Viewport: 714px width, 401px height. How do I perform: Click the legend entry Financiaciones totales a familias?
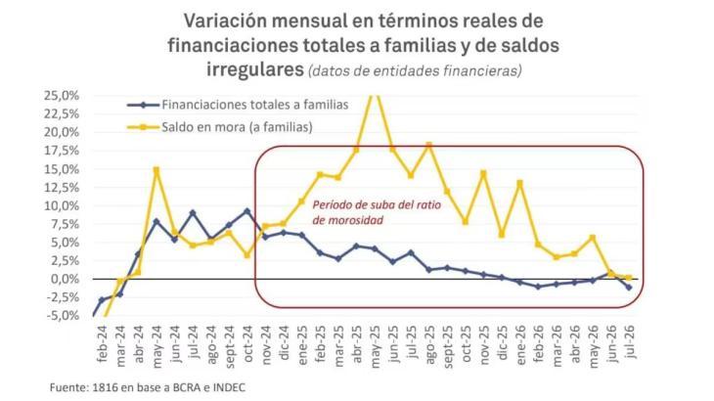click(255, 105)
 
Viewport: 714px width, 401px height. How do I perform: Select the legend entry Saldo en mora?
click(238, 127)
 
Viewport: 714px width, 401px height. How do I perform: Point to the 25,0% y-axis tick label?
click(62, 96)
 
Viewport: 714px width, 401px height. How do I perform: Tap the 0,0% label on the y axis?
click(65, 279)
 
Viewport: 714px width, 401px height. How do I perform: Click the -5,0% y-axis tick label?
click(63, 316)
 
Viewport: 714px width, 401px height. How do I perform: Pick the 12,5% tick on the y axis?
click(62, 188)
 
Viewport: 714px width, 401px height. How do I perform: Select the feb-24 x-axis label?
click(102, 344)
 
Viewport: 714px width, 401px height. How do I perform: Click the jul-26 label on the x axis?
click(630, 342)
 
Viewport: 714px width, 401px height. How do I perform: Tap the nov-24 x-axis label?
click(266, 345)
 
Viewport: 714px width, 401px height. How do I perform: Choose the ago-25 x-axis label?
click(429, 345)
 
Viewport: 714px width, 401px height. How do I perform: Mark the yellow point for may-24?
click(156, 170)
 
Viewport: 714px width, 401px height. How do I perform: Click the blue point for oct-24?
click(247, 211)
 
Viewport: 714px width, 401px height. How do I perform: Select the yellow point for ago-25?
click(429, 145)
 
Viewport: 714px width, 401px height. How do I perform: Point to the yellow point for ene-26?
click(520, 183)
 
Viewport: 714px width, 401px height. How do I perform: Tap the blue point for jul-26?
click(629, 288)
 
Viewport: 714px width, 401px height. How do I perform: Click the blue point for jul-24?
click(193, 212)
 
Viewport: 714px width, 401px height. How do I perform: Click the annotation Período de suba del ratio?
click(377, 205)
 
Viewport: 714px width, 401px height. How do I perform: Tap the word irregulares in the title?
click(255, 69)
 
